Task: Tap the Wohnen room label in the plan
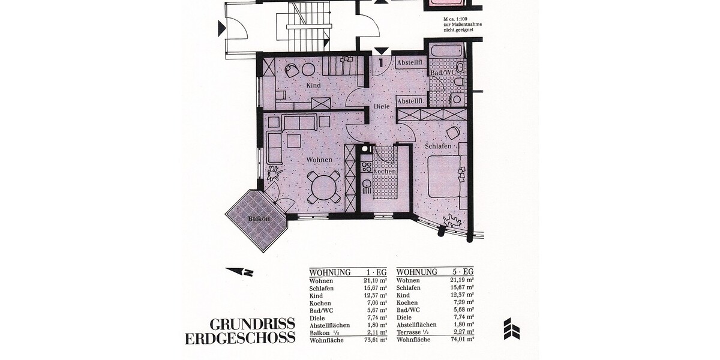tap(319, 160)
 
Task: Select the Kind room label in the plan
tap(313, 86)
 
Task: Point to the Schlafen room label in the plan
tap(438, 146)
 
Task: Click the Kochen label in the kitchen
tap(385, 172)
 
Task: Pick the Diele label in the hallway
tap(382, 106)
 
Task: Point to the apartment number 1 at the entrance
tap(381, 61)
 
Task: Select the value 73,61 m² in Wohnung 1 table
tap(374, 340)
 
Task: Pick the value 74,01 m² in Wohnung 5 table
tap(462, 340)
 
